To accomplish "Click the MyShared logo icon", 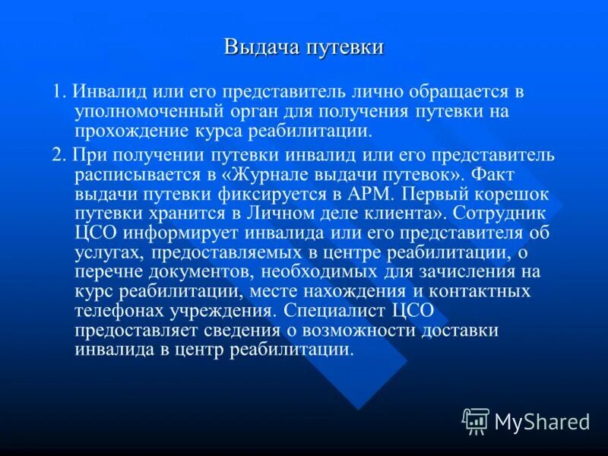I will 476,420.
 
